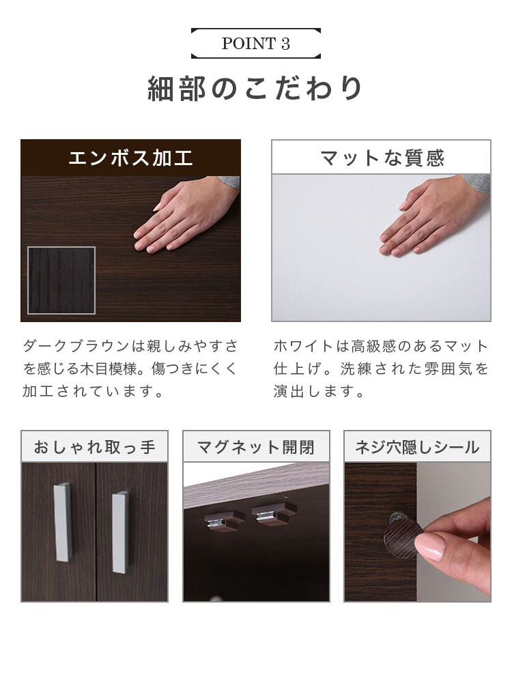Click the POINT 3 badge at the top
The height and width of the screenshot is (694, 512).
coord(255,44)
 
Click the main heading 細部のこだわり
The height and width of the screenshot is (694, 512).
coord(255,88)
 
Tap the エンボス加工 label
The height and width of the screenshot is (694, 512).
coord(130,158)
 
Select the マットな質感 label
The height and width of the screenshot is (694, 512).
coord(382,158)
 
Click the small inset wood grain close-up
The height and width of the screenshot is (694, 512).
coord(61,280)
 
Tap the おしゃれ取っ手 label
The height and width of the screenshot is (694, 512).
coord(94,447)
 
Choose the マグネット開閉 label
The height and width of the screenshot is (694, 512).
coord(256,447)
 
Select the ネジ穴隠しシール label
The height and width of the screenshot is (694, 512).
coord(417,447)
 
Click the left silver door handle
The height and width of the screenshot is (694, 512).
coord(63,522)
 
